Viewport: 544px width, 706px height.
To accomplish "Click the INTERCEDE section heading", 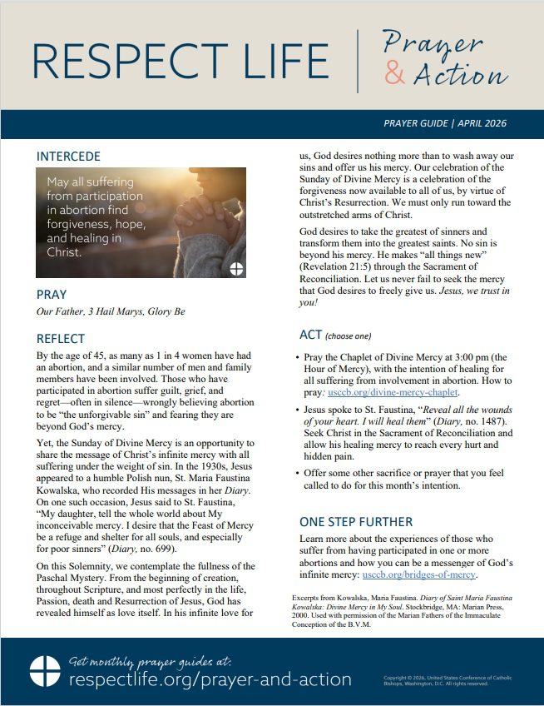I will pos(68,156).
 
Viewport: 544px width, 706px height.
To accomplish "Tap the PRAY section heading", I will pos(52,294).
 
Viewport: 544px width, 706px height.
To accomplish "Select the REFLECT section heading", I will pos(61,338).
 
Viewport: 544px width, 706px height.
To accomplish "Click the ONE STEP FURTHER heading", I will pos(356,522).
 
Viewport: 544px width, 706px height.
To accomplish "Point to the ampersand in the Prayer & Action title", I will pos(396,75).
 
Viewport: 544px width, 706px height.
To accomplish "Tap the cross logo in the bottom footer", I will pos(44,671).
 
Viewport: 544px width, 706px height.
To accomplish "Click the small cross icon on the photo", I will pos(236,268).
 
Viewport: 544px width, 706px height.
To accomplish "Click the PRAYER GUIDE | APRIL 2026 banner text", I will pos(444,123).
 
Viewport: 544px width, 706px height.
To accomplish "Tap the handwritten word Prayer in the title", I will pos(433,42).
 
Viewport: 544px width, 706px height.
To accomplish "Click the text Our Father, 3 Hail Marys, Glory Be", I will pos(111,312).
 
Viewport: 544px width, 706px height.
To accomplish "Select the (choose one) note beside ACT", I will pos(349,336).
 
